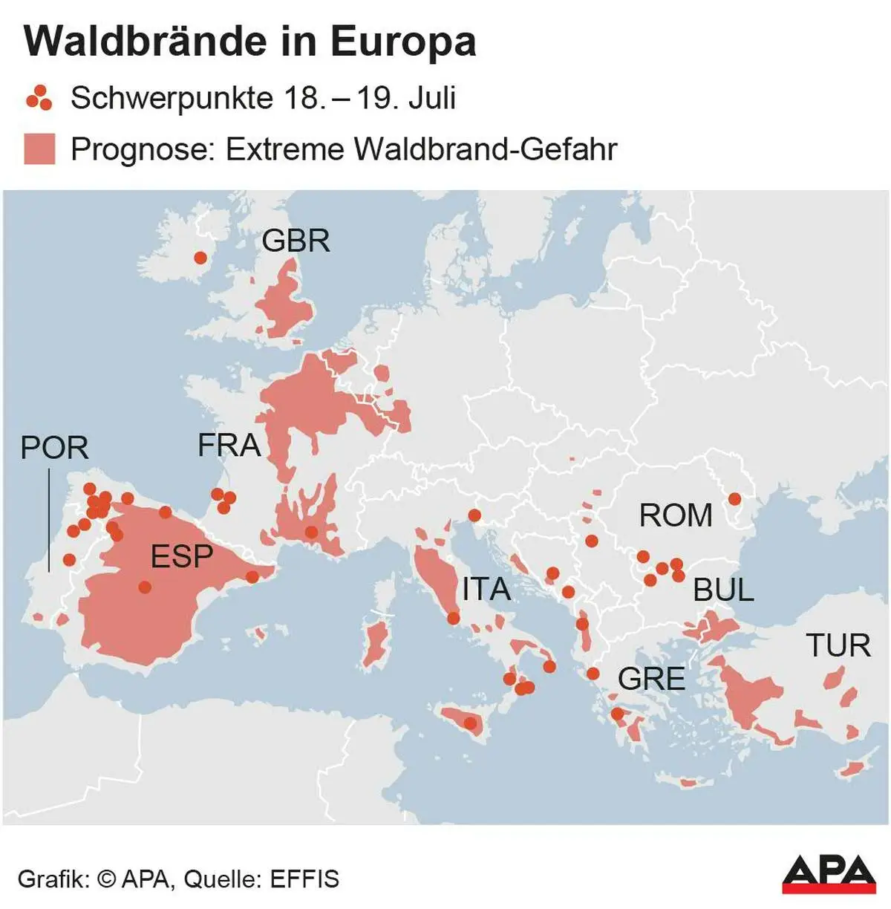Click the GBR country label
click(x=296, y=241)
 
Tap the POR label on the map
click(x=54, y=448)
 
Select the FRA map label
click(x=229, y=446)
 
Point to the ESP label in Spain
click(x=182, y=556)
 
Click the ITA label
click(x=486, y=590)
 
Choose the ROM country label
click(x=676, y=515)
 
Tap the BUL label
click(x=723, y=590)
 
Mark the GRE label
click(x=651, y=679)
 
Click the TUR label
click(x=838, y=645)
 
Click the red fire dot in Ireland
click(x=200, y=258)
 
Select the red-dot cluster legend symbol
click(x=39, y=98)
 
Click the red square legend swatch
click(x=39, y=149)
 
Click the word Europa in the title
click(x=403, y=42)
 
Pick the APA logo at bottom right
click(x=829, y=873)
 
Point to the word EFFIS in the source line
click(x=304, y=879)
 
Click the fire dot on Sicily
click(x=470, y=723)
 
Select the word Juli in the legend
click(x=431, y=98)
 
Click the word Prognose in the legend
click(x=139, y=149)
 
